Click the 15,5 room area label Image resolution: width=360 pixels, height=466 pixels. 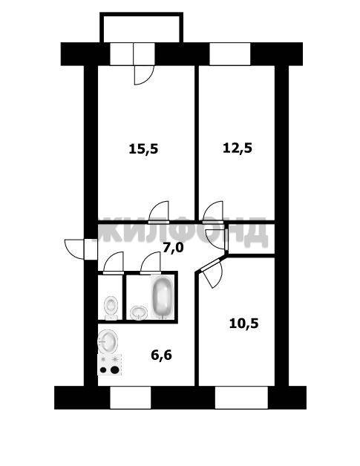(143, 148)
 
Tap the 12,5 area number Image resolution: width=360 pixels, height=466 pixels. (238, 148)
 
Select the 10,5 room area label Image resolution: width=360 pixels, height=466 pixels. (244, 324)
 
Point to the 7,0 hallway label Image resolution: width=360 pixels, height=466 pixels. (173, 247)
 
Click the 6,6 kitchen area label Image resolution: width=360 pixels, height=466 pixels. (161, 355)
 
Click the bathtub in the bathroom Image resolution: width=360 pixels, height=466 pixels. (162, 298)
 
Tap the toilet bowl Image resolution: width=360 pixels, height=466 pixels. (111, 307)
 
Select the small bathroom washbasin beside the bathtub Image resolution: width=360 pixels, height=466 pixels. (139, 312)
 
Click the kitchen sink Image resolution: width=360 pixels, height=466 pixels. (108, 341)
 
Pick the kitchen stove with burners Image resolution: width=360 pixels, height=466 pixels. (110, 364)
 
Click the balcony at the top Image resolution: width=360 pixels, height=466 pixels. (141, 27)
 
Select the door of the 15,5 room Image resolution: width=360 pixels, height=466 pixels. (159, 212)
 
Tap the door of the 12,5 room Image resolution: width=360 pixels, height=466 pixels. (213, 212)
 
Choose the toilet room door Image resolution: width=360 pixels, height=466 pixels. (113, 263)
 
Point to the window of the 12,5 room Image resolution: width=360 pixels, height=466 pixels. (230, 53)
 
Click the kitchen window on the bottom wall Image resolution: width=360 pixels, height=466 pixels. (131, 398)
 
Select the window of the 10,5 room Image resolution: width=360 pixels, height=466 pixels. (241, 398)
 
